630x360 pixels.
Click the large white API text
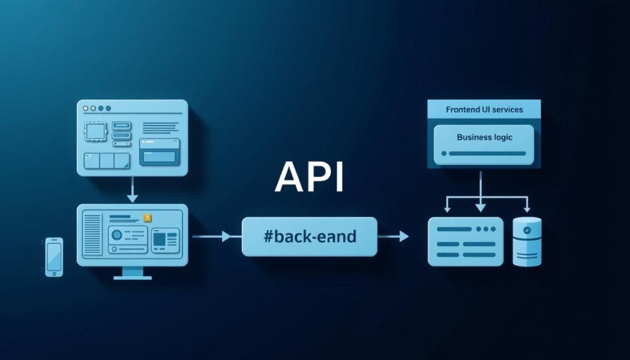point(309,177)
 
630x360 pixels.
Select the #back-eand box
point(309,236)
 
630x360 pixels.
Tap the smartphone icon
point(54,256)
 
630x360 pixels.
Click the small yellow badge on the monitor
point(147,218)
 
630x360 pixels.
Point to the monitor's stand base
point(133,276)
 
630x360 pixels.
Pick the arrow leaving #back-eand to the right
point(393,236)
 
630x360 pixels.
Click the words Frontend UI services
point(484,110)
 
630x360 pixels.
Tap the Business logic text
point(484,138)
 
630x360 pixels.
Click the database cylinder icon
point(527,241)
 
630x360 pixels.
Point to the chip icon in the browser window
point(95,132)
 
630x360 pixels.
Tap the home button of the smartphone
point(54,270)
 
